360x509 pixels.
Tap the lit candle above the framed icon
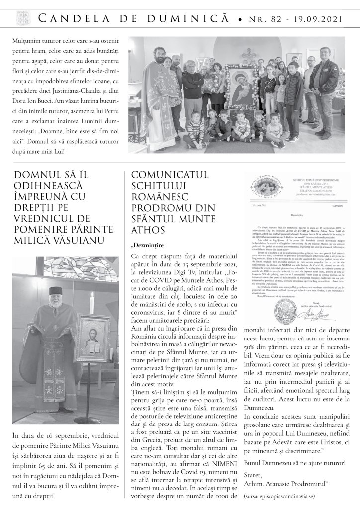coord(91,303)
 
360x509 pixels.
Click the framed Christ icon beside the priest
coord(92,338)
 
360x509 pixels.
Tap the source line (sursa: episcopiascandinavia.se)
coord(279,496)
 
